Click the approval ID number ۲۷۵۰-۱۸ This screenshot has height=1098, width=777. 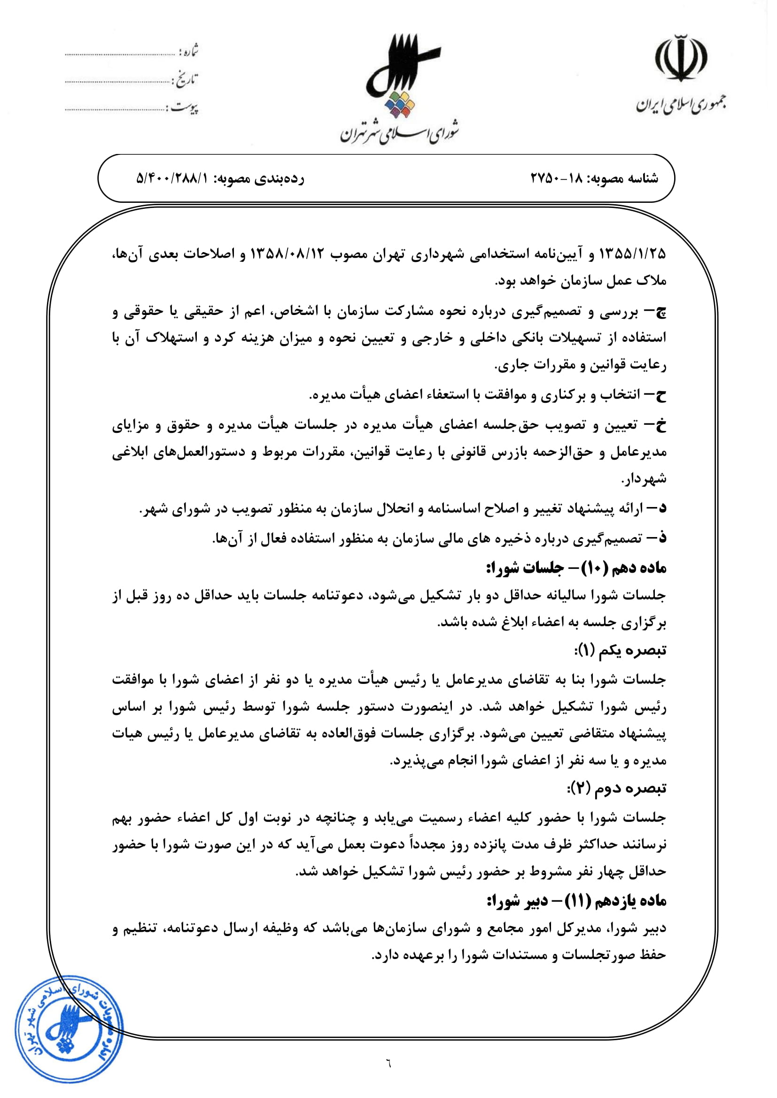[554, 179]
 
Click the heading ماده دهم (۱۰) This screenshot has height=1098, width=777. [618, 568]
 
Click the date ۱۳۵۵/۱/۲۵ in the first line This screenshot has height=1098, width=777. [632, 254]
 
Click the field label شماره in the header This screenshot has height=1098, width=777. [188, 51]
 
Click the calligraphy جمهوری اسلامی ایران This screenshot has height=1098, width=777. [680, 104]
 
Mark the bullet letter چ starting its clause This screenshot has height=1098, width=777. [660, 312]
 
